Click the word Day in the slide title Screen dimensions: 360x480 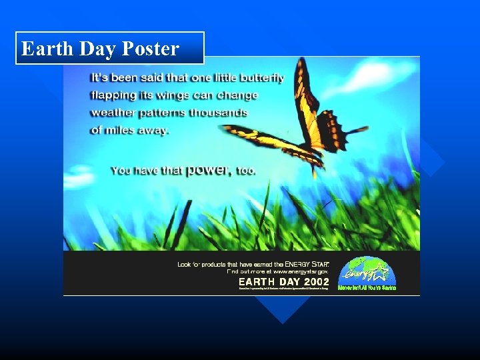pyautogui.click(x=97, y=49)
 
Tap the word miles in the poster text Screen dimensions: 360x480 pyautogui.click(x=120, y=129)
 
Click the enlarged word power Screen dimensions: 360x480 pyautogui.click(x=209, y=169)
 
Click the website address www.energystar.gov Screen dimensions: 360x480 pyautogui.click(x=301, y=272)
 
